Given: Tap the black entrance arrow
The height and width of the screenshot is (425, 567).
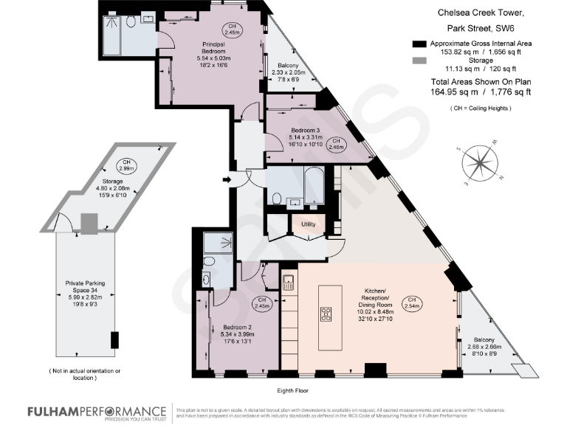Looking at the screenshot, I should pos(226,179).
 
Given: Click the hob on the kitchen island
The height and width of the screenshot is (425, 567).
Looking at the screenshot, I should pos(326,315).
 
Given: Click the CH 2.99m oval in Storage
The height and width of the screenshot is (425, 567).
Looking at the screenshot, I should pos(127,165).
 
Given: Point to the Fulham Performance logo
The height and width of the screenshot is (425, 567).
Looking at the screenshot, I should pos(96,412).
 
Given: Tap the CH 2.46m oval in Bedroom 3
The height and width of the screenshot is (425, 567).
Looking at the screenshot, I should pos(336,144).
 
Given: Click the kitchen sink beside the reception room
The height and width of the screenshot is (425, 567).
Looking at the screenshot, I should pos(289,281).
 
